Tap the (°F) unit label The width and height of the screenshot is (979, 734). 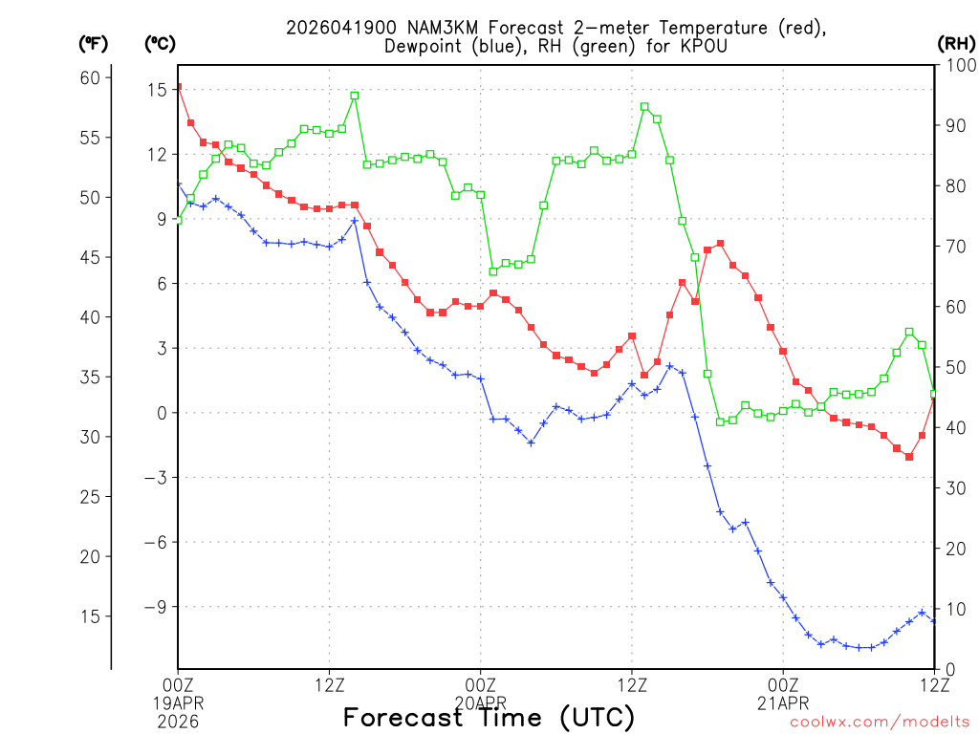tap(94, 44)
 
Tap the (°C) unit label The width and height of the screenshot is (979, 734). tap(160, 44)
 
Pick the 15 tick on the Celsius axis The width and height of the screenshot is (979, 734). tap(157, 89)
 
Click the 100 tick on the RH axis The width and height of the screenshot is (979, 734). tap(959, 65)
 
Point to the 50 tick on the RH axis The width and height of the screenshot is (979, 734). tap(954, 367)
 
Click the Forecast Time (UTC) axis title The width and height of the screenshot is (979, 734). tap(489, 717)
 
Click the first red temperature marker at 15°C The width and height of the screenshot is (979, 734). tap(179, 87)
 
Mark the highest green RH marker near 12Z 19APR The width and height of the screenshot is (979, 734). tap(355, 96)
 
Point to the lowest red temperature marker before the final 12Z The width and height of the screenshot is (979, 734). tap(909, 457)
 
